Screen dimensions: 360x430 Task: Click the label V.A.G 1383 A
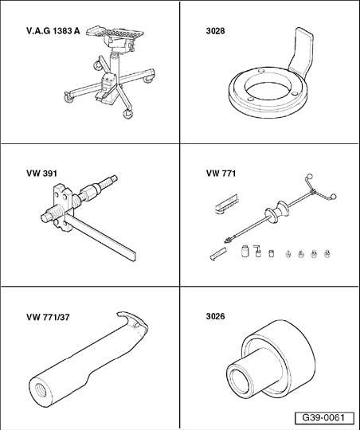click(x=53, y=31)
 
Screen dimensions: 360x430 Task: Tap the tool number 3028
click(x=215, y=31)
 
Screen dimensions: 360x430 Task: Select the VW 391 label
click(x=41, y=174)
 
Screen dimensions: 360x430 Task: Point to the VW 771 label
click(x=221, y=174)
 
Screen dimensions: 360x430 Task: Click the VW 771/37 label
click(x=48, y=317)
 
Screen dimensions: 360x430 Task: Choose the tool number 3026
click(x=215, y=316)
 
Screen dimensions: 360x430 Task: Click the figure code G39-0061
click(x=323, y=418)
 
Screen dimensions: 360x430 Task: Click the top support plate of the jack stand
click(x=115, y=33)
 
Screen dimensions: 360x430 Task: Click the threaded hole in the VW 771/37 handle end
click(x=41, y=389)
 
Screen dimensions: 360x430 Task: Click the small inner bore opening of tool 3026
click(x=239, y=382)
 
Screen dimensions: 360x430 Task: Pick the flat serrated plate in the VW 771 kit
click(x=226, y=205)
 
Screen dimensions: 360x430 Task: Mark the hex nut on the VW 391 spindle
click(x=90, y=191)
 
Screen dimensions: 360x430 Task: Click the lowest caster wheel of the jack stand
click(x=127, y=114)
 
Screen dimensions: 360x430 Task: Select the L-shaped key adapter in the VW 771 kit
click(x=256, y=250)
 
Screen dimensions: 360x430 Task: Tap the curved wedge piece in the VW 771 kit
click(x=218, y=254)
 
